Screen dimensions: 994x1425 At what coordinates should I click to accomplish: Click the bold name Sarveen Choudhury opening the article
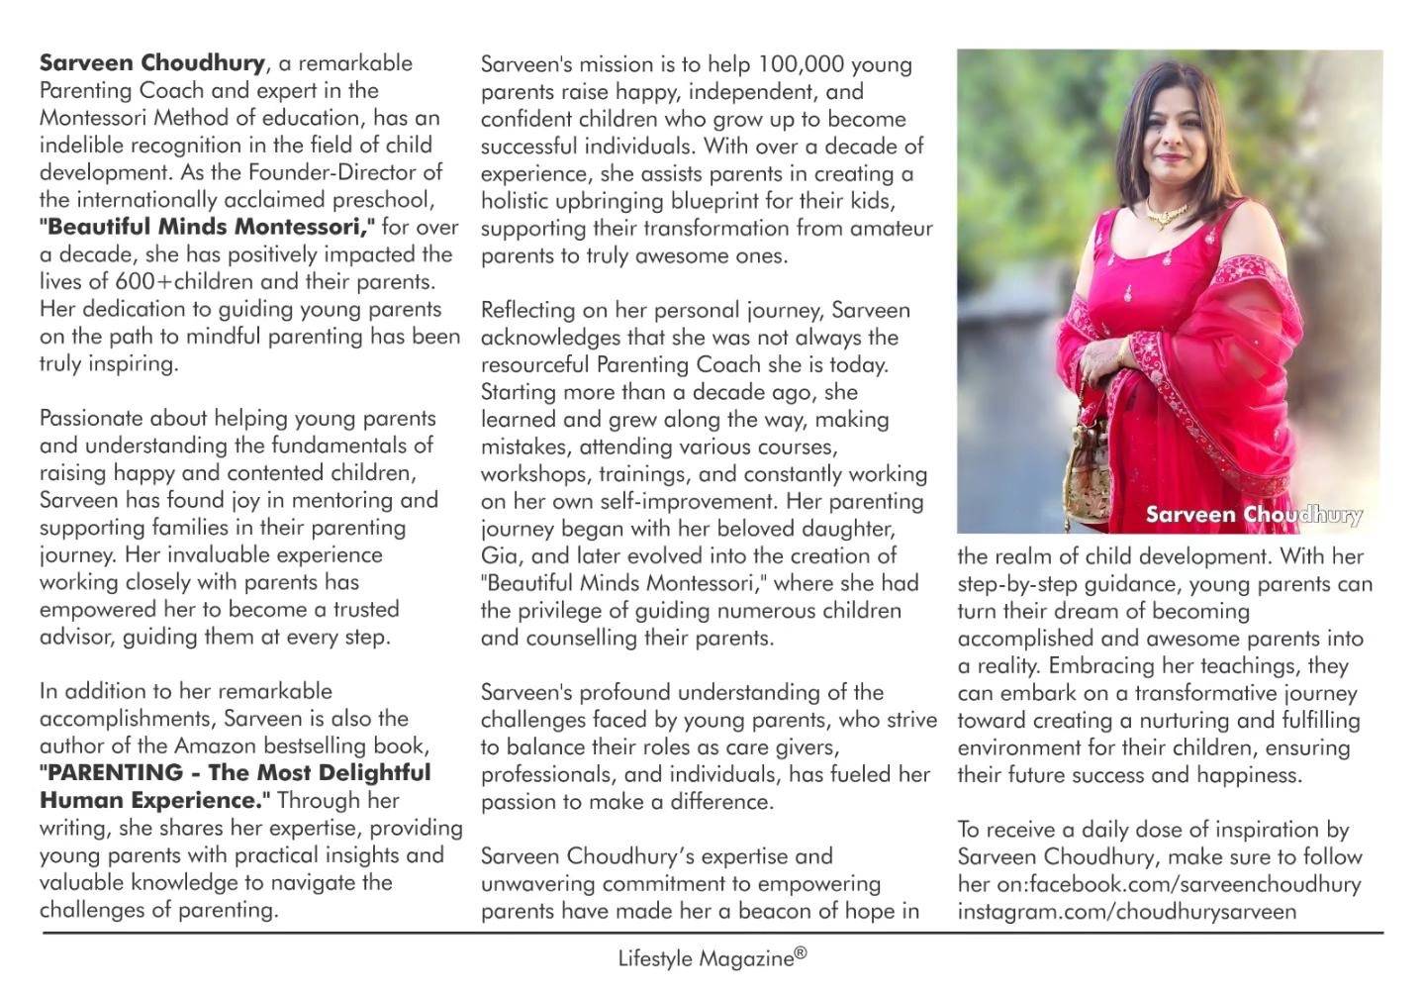[x=152, y=63]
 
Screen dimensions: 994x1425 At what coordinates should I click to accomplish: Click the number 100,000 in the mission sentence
[x=800, y=64]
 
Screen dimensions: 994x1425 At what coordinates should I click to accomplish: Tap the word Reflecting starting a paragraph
[x=527, y=311]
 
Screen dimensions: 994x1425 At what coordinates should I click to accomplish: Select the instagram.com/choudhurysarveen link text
[x=1126, y=911]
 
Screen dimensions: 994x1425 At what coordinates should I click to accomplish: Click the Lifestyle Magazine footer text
[x=706, y=958]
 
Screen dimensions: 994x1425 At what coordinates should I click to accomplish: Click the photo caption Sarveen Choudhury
[x=1254, y=515]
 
